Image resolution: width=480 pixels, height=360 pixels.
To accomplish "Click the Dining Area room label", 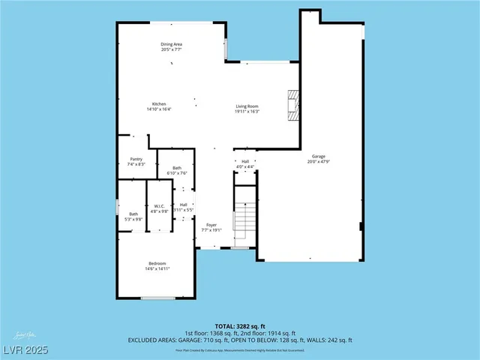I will [171, 44].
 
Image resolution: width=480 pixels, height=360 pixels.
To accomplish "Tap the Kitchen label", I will [159, 103].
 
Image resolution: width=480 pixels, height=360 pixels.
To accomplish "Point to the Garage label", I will [318, 156].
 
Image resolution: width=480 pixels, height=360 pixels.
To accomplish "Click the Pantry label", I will [136, 158].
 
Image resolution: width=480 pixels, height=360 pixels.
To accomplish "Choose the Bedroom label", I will [157, 263].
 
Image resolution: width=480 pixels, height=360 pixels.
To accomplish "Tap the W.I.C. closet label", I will [159, 206].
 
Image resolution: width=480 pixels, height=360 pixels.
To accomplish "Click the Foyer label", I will [212, 224].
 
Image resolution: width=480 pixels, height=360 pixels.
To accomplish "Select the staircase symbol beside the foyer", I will [245, 217].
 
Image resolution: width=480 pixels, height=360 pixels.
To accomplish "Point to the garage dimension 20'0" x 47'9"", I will [318, 161].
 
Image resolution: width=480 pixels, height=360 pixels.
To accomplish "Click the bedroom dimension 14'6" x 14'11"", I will [157, 268].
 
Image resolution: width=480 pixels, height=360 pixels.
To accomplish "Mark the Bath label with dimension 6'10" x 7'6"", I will [177, 168].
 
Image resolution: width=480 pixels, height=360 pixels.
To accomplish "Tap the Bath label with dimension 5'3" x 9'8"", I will [133, 214].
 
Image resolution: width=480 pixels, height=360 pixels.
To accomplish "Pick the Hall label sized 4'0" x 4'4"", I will [245, 161].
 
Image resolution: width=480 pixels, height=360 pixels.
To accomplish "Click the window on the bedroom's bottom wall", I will [157, 298].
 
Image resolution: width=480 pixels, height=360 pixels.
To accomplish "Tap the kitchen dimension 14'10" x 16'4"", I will [159, 109].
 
